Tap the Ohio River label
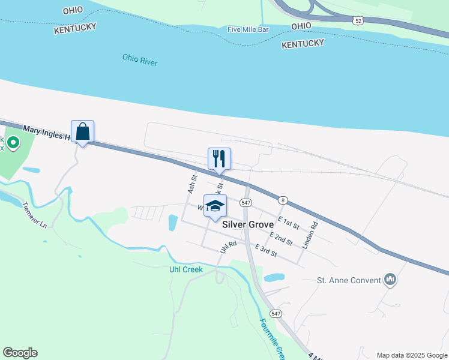point(139,59)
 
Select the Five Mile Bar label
point(249,29)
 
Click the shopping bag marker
point(83,132)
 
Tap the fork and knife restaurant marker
point(219,159)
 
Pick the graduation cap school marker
point(215,206)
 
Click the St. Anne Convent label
point(348,280)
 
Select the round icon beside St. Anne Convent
point(390,280)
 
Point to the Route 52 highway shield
point(358,20)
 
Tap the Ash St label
point(192,184)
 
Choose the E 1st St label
point(288,223)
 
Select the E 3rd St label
point(266,250)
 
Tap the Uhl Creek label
point(185,269)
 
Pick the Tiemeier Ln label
point(34,215)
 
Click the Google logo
point(20,352)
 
